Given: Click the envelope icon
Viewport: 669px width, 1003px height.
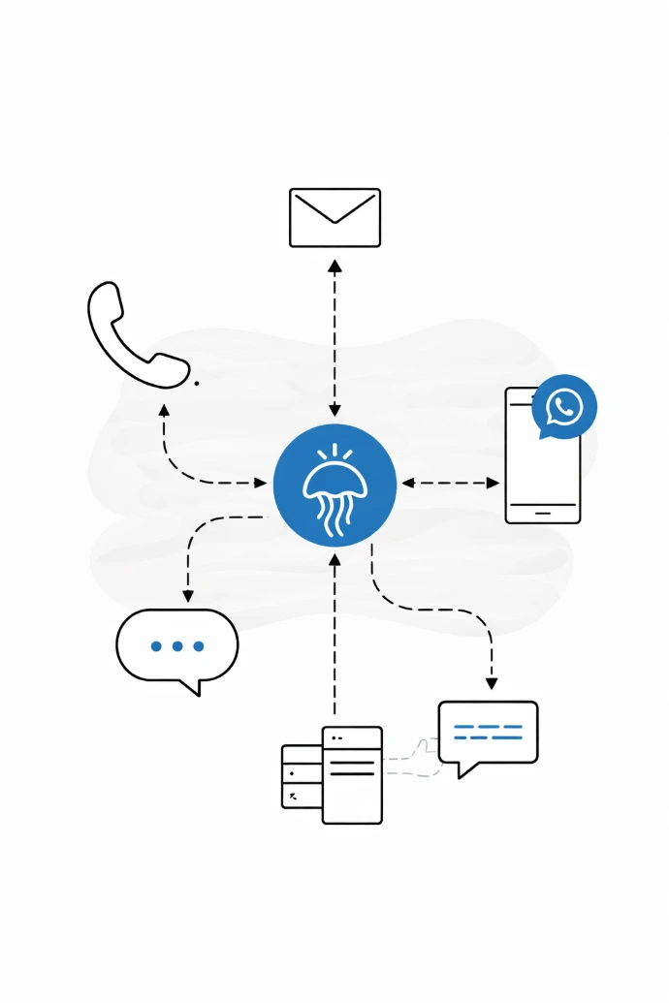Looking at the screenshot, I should click(334, 217).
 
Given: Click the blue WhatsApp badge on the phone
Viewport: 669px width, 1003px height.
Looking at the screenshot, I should click(564, 407).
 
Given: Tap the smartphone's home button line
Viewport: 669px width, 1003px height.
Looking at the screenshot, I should click(543, 511).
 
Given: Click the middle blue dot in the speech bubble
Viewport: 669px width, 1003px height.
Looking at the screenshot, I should click(177, 645).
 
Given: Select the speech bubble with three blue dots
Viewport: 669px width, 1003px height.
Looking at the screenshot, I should click(177, 648).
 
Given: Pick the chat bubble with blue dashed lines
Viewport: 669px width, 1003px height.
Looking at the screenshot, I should click(488, 734).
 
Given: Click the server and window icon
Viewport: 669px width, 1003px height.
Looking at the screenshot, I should click(333, 774).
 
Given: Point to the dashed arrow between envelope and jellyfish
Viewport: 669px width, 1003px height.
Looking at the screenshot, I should click(334, 339).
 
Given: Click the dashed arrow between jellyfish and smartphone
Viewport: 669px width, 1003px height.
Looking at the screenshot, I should click(451, 483).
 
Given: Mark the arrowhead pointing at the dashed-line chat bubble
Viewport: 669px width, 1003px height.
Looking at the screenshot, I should click(492, 683).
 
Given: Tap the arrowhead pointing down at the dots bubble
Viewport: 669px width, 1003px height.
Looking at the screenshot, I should click(188, 595).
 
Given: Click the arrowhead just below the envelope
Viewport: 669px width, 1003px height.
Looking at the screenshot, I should click(334, 266).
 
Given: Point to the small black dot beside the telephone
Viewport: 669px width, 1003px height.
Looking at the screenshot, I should click(197, 383).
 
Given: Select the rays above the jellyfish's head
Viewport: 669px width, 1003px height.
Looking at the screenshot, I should click(334, 452).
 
